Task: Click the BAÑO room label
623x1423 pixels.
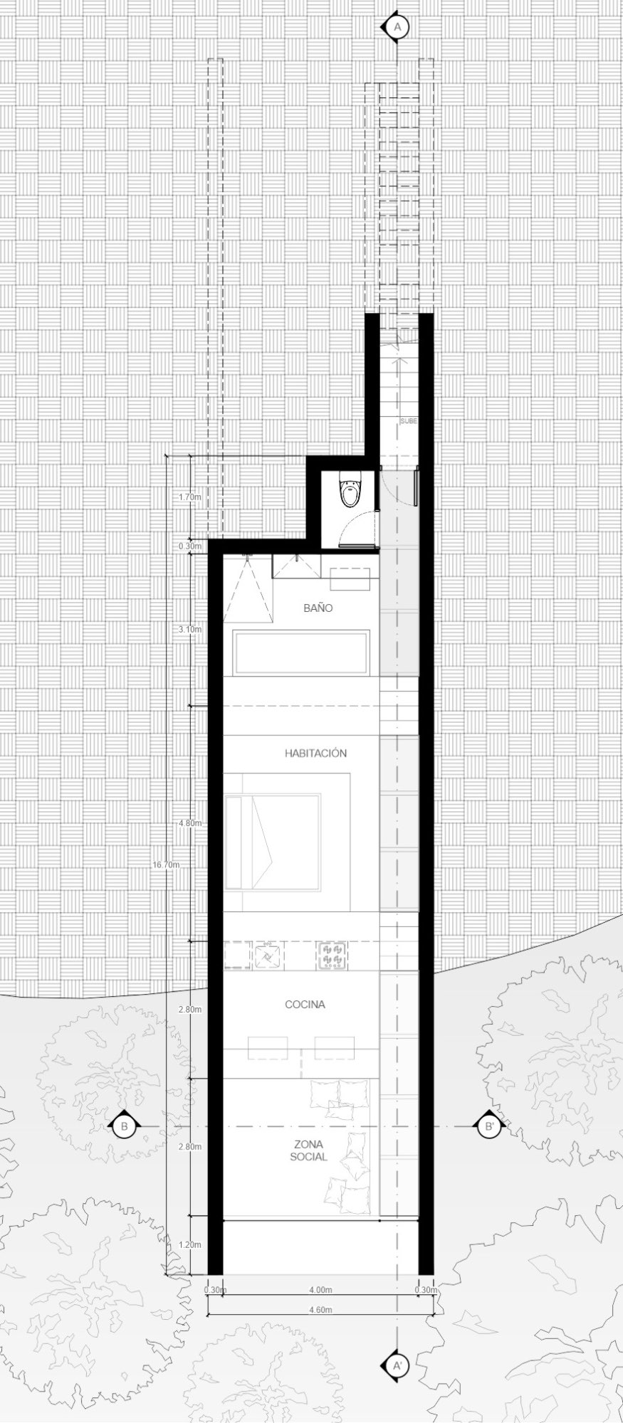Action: coord(318,608)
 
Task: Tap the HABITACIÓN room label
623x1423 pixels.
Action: coord(315,753)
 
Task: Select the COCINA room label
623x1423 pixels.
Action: coord(305,1005)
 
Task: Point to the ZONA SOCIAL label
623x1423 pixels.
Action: coord(308,1150)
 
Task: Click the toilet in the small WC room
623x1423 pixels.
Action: coord(350,491)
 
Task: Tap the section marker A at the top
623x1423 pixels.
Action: coord(398,27)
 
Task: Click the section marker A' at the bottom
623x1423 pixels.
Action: coord(398,1365)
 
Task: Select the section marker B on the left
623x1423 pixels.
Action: coord(125,1126)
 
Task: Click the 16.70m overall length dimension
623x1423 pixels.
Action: coord(166,865)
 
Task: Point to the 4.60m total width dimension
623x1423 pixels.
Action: coord(320,1310)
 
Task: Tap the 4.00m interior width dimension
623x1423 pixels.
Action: coord(320,1290)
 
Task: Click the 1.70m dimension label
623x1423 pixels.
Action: coord(191,497)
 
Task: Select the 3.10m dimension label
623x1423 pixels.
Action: coord(191,629)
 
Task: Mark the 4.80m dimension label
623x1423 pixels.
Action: coord(191,823)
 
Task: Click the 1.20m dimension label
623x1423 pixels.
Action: coord(191,1245)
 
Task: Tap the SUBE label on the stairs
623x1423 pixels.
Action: coord(409,421)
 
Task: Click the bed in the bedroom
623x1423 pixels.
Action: coord(273,842)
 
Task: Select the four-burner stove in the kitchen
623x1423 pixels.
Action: coord(332,956)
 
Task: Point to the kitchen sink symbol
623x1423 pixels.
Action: coord(268,956)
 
